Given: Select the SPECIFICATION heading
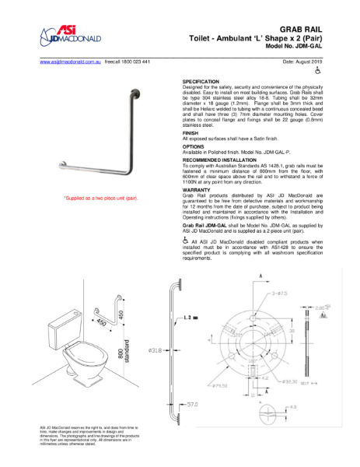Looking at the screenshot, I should pos(201,81).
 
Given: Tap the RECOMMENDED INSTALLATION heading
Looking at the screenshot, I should pos(219,159).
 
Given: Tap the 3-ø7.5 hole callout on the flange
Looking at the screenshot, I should pos(281,293).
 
